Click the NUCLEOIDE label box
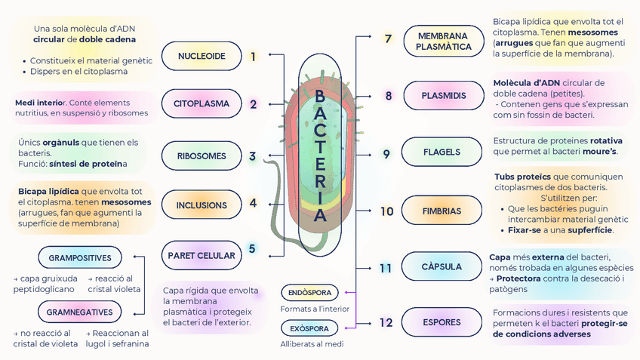(x=202, y=56)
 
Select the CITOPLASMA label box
(x=202, y=104)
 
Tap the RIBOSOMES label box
(x=202, y=156)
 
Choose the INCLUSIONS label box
(x=202, y=205)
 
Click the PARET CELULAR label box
(x=202, y=255)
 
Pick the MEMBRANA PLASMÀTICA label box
(x=443, y=41)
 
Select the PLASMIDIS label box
(x=443, y=96)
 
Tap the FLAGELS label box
(x=442, y=152)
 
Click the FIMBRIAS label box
(x=442, y=211)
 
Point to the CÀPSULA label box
(x=442, y=266)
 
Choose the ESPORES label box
(x=442, y=322)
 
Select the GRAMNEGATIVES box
(x=80, y=312)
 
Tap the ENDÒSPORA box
(x=309, y=292)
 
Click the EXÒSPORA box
(x=309, y=328)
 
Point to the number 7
(x=388, y=39)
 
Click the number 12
(x=386, y=322)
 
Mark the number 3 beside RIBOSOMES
(x=253, y=156)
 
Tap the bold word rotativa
(x=606, y=140)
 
